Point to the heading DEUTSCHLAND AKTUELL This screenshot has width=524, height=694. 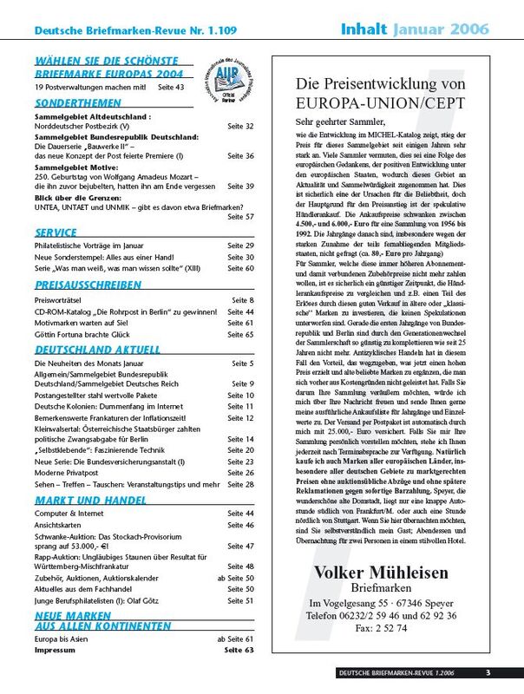click(x=96, y=349)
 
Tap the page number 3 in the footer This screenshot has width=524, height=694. click(x=488, y=672)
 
